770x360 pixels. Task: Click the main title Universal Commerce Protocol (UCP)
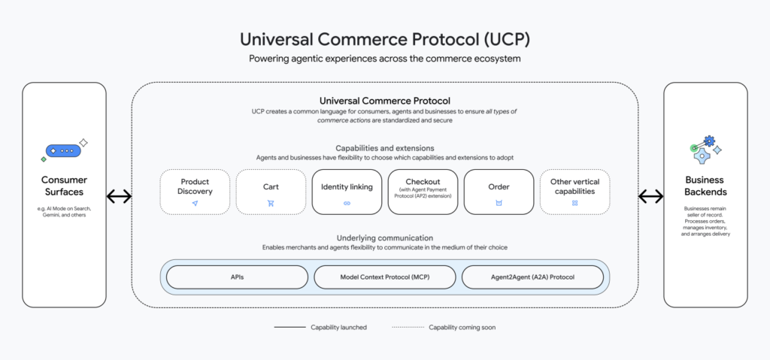tap(384, 38)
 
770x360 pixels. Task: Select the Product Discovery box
tap(195, 192)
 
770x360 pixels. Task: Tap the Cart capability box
tap(271, 192)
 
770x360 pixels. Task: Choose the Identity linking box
tap(347, 192)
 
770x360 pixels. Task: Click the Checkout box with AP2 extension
tap(423, 192)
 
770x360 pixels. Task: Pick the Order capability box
tap(499, 192)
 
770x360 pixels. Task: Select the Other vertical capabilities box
tap(574, 192)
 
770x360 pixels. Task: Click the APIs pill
tap(237, 277)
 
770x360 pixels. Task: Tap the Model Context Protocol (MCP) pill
tap(384, 277)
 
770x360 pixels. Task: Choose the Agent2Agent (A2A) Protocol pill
tap(532, 277)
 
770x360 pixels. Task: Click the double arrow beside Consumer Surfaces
tap(119, 197)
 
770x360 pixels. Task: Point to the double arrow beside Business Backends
tap(650, 197)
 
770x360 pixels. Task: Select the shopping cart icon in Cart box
tap(271, 204)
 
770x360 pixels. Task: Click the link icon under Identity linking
tap(347, 204)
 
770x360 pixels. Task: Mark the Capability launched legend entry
tap(311, 328)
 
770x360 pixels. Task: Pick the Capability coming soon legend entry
tap(444, 328)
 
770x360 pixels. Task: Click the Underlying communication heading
tap(384, 237)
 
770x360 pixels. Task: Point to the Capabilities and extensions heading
tap(384, 148)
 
